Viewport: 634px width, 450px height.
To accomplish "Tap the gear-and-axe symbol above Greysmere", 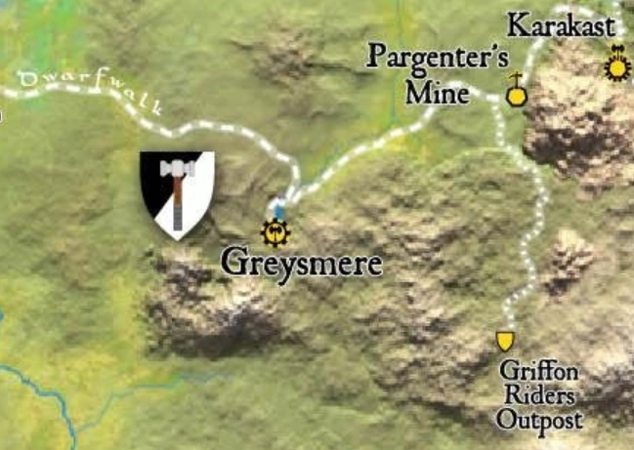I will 276,232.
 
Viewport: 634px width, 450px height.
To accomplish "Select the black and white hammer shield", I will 177,193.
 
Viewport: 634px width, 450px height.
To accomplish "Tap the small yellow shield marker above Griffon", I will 505,341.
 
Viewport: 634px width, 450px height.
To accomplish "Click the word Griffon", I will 538,371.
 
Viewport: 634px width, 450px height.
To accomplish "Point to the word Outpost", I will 538,421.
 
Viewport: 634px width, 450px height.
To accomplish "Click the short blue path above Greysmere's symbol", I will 279,209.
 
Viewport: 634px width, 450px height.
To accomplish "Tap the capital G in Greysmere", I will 232,263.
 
